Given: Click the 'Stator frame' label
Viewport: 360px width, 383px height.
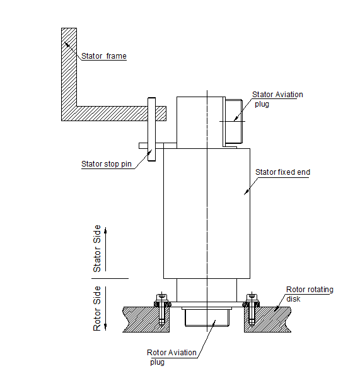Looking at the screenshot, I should (104, 56).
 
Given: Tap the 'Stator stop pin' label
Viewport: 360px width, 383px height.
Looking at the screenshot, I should (107, 164).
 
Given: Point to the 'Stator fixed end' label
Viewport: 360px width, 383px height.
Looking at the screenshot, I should (282, 172).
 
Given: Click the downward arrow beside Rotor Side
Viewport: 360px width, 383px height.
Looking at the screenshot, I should (106, 312).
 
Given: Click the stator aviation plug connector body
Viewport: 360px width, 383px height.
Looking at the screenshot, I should (233, 121).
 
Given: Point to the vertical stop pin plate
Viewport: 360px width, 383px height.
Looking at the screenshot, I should (151, 129).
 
